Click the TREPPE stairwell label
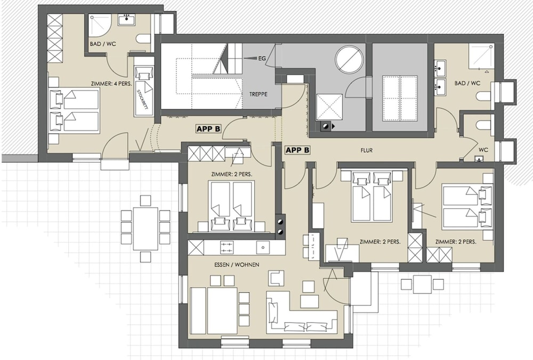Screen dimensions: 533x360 259,94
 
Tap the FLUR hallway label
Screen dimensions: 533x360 367,150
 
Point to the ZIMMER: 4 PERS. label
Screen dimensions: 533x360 111,84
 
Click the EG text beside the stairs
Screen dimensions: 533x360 262,59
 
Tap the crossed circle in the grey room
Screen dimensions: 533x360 349,59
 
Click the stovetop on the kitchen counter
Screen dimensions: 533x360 227,247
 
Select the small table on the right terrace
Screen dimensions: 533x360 422,284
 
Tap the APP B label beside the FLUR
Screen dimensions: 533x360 297,150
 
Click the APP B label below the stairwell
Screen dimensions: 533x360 209,129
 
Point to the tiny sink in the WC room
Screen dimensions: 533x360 479,158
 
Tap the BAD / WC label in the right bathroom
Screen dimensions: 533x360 467,83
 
